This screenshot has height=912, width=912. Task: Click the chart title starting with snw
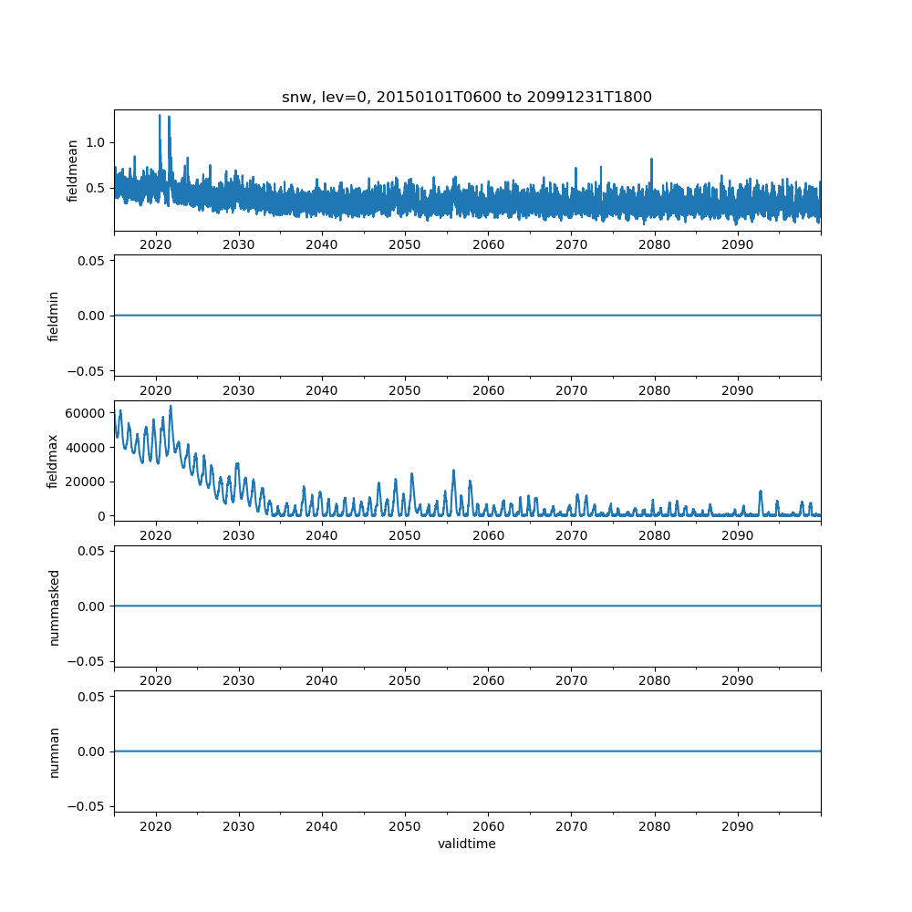[466, 98]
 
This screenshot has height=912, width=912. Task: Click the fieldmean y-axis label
[72, 171]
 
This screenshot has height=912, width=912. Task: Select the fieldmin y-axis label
[54, 316]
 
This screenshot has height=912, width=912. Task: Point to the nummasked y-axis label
[54, 606]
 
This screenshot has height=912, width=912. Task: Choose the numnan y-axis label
[54, 751]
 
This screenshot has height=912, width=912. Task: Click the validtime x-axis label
[466, 844]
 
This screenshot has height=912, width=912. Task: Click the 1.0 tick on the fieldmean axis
[95, 142]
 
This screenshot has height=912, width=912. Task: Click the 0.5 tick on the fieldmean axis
[95, 188]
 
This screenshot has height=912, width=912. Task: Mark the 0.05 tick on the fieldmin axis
[92, 261]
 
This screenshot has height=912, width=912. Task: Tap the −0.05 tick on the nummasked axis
[88, 660]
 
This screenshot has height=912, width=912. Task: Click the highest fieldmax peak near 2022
[170, 407]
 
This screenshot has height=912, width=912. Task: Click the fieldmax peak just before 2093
[761, 492]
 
